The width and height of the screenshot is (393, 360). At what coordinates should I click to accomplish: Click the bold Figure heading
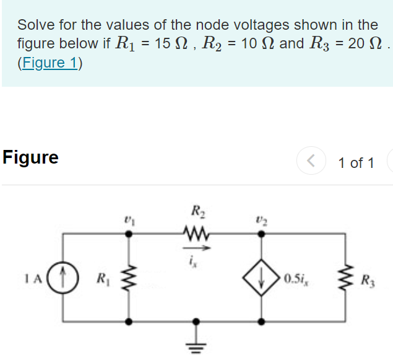[x=30, y=157]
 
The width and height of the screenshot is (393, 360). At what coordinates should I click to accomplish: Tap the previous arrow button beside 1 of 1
[x=311, y=162]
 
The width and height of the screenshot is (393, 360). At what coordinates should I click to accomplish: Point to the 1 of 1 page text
[x=356, y=163]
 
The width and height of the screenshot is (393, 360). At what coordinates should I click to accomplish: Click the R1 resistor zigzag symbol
[x=129, y=277]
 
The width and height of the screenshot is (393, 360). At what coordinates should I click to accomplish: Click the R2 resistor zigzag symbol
[x=197, y=234]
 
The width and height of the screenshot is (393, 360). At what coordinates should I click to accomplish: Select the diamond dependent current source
[x=262, y=278]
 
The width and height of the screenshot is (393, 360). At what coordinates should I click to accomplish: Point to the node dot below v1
[x=129, y=234]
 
